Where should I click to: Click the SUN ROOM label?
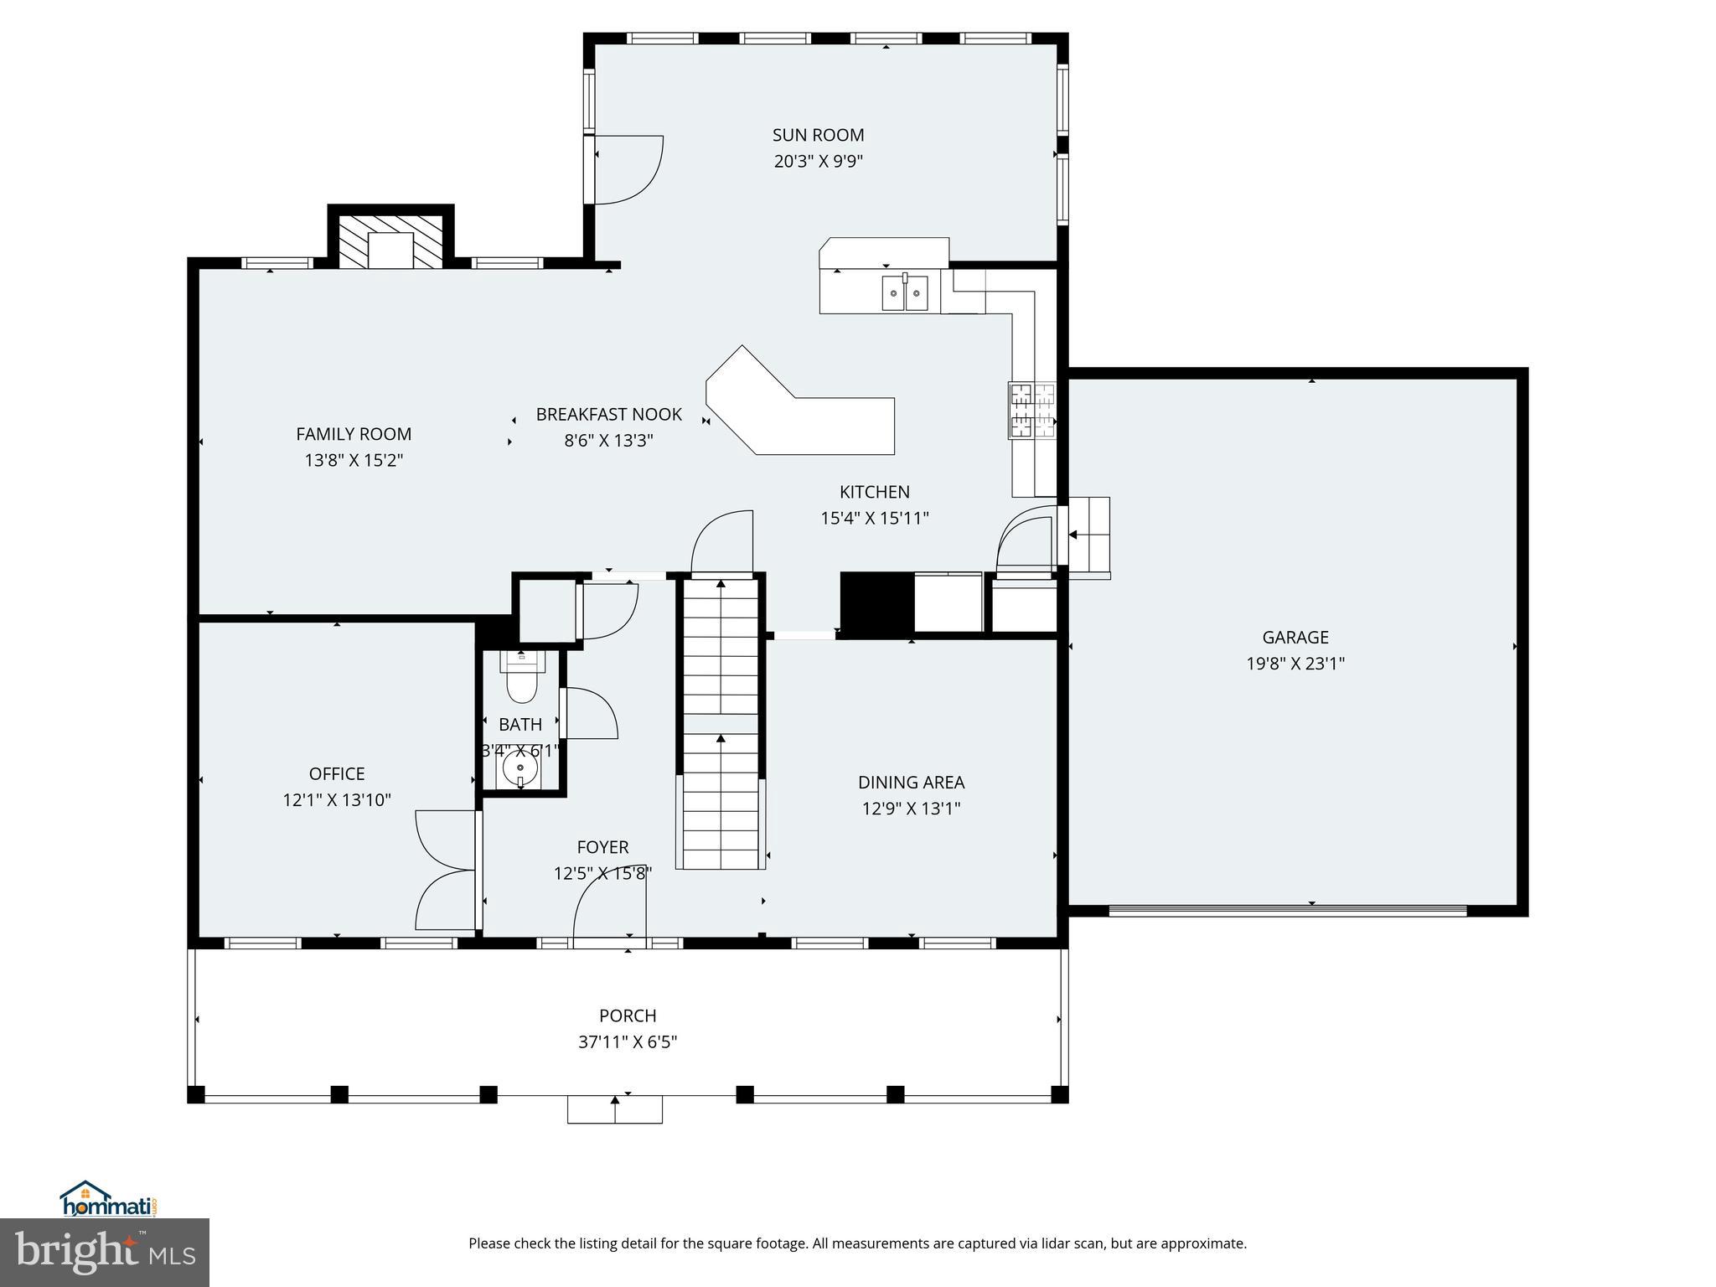818,135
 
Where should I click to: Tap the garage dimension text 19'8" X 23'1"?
1295,664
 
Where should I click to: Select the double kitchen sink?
905,293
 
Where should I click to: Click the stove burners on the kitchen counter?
1031,410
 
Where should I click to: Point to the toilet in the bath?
522,682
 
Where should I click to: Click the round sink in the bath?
520,768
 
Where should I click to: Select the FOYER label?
602,847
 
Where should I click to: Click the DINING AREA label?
911,782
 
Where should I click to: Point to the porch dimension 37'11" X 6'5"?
628,1042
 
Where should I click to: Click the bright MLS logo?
105,1253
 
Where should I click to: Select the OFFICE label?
337,773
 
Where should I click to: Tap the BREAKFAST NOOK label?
609,414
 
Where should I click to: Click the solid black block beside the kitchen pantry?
876,603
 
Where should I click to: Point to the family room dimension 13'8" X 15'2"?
354,460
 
